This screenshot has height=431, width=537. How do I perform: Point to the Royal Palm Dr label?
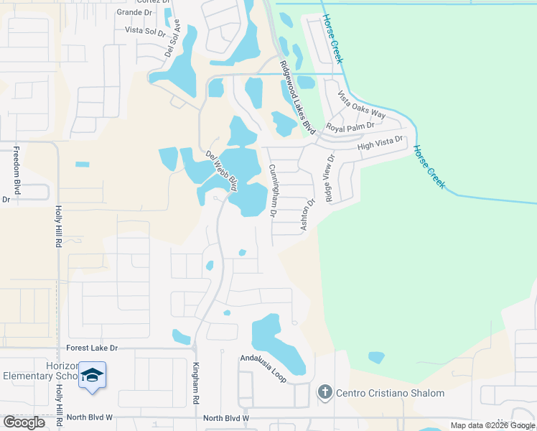[350, 126]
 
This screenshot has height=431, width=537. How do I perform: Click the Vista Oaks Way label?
[362, 105]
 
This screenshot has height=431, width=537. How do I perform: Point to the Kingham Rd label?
[195, 376]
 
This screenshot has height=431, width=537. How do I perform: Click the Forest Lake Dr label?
[92, 348]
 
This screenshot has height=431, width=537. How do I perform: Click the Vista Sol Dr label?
[146, 30]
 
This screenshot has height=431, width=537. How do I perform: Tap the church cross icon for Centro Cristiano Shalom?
[324, 393]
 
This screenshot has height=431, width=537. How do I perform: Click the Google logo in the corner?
[24, 422]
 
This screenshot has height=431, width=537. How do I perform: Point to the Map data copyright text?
[492, 425]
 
